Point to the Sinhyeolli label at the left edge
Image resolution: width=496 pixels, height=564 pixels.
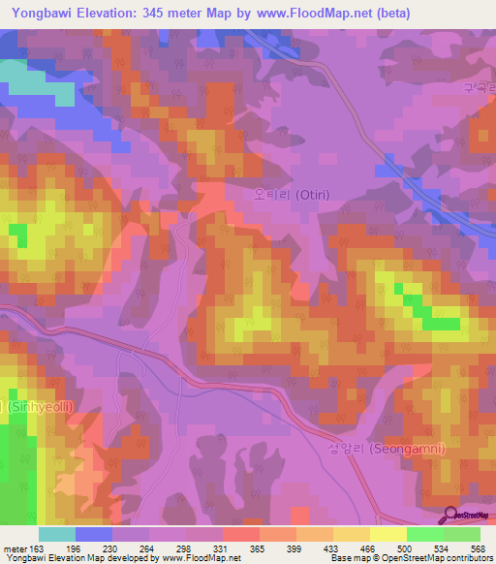coord(29,408)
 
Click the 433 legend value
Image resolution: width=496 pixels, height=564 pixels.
coord(339,548)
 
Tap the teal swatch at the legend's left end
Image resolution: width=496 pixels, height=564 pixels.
coord(57,534)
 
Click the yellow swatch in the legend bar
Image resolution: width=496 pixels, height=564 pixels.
coord(387,534)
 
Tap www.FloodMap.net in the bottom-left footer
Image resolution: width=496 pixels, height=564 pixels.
coord(203,558)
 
